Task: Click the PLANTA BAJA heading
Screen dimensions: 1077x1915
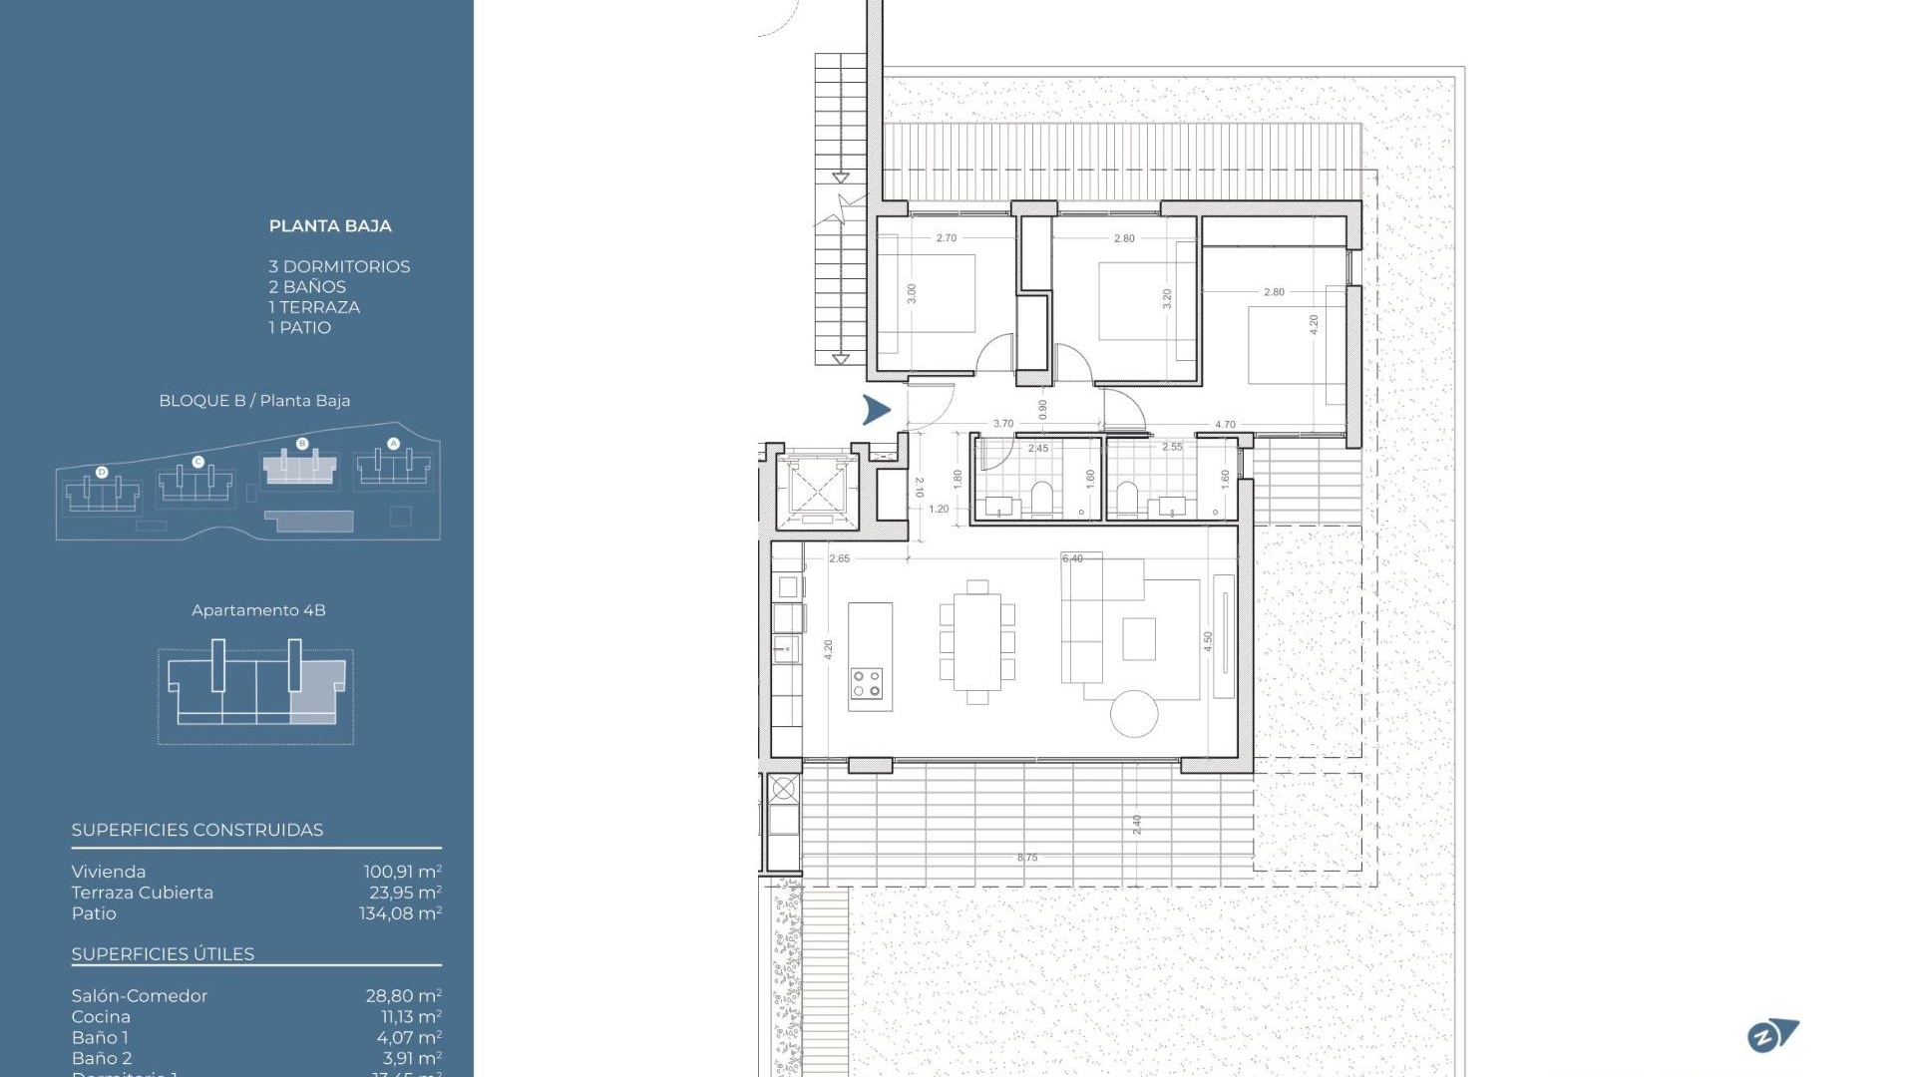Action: tap(330, 226)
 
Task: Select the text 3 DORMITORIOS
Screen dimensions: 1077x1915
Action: tap(339, 266)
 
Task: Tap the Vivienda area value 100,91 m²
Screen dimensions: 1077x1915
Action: tap(402, 872)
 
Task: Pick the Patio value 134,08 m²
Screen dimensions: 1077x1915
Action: tap(400, 913)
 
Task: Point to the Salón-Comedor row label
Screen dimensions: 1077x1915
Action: tap(140, 995)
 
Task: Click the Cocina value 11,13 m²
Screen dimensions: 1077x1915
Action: tap(411, 1016)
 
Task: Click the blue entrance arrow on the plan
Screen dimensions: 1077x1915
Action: tap(876, 409)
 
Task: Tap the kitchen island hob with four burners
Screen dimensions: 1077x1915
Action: tap(867, 683)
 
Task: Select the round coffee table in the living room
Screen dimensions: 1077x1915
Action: tap(1134, 713)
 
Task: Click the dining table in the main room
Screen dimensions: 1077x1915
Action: tap(977, 642)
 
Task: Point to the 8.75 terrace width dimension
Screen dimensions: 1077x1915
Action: tap(1027, 858)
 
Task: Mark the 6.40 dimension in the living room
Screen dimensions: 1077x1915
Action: tap(1072, 558)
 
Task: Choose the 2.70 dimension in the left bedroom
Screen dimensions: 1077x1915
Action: tap(947, 238)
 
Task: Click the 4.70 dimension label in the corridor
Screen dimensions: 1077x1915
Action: tap(1225, 425)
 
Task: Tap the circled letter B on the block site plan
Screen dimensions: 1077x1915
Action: tap(302, 444)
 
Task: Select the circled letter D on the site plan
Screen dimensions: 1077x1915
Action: tap(102, 472)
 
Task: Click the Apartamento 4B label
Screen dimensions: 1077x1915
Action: tap(258, 610)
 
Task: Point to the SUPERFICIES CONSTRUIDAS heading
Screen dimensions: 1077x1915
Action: tap(197, 830)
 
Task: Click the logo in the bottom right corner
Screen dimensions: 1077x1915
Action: tap(1772, 1036)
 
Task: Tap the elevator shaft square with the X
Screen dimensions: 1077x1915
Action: tap(817, 491)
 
